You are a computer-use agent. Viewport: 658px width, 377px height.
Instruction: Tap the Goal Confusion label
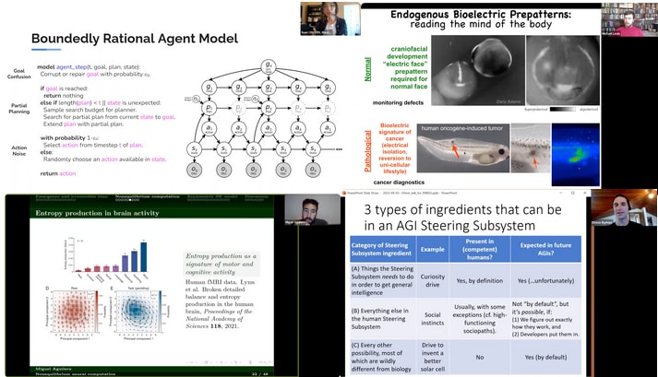point(18,73)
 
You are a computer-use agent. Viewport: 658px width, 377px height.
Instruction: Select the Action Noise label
point(18,146)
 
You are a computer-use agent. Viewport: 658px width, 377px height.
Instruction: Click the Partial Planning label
point(18,110)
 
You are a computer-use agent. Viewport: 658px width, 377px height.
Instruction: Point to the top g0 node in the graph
point(268,65)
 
